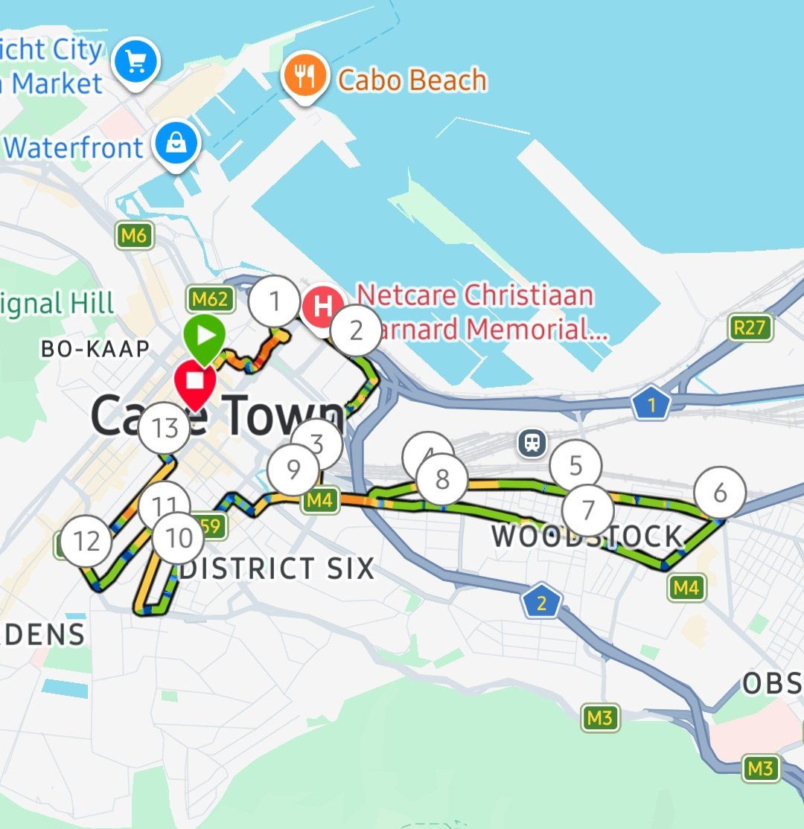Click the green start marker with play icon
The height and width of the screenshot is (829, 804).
205,337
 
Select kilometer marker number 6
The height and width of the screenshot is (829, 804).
719,493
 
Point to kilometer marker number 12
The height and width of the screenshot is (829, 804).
86,541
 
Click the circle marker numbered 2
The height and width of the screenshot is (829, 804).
356,330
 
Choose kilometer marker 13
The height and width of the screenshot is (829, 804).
165,429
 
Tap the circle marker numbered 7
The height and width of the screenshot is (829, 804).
588,510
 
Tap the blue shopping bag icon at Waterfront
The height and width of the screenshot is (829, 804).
177,144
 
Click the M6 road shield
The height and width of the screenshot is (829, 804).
134,236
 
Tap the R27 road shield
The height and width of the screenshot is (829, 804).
749,327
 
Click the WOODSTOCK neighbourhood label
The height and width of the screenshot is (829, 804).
587,537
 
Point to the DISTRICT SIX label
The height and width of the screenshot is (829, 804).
277,569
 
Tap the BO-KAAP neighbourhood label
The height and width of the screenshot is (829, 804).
95,348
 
